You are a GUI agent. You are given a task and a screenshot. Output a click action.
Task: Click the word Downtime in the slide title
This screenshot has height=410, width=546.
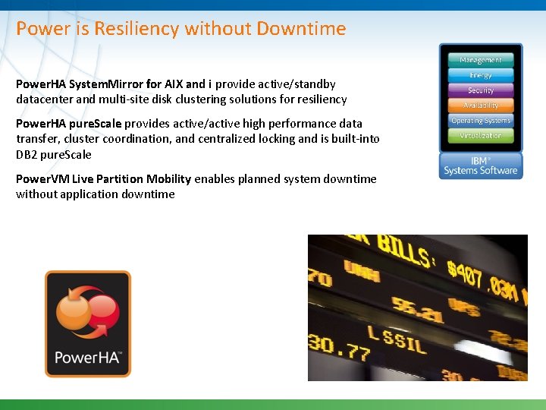point(301,29)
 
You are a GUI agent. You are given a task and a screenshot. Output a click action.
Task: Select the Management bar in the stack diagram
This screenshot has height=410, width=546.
point(480,60)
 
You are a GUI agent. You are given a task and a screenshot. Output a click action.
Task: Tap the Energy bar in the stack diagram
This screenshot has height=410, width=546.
point(480,75)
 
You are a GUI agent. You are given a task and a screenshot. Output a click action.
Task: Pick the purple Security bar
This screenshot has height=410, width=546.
point(480,90)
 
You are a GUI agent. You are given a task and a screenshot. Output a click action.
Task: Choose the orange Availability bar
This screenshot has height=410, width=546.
point(480,106)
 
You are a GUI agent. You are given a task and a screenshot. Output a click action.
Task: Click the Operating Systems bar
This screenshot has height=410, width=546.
point(480,121)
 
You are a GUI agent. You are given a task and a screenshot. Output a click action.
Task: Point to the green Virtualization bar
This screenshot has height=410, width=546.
point(480,136)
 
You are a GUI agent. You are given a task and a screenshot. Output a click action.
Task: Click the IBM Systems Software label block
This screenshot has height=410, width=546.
point(480,166)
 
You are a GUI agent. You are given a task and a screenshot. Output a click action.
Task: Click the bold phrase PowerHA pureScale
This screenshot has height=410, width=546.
point(69,124)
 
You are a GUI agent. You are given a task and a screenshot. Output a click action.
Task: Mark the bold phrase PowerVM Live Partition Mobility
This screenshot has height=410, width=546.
point(103,179)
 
